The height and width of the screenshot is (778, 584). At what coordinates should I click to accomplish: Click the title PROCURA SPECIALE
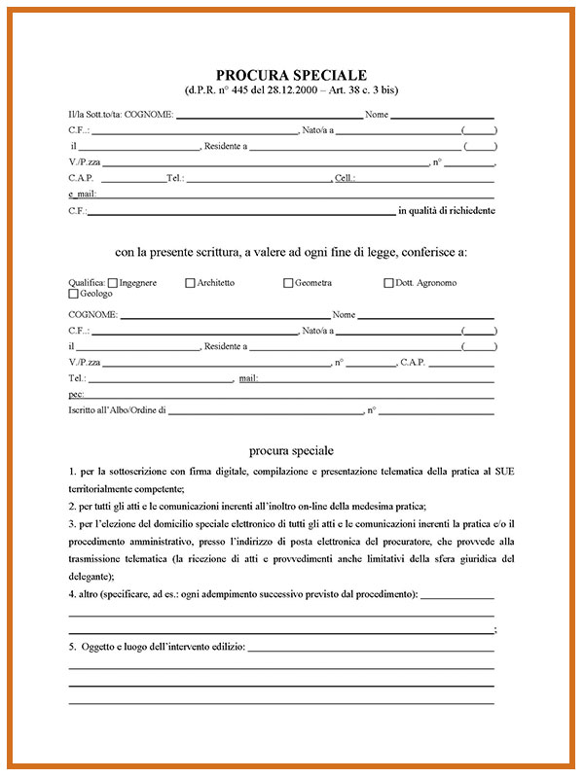pyautogui.click(x=291, y=75)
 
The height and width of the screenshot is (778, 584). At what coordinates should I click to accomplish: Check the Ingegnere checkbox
pyautogui.click(x=113, y=283)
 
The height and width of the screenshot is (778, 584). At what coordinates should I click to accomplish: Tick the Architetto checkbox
pyautogui.click(x=190, y=283)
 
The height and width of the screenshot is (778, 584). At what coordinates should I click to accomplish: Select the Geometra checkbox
pyautogui.click(x=288, y=283)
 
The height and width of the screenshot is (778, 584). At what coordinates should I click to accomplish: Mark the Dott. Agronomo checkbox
pyautogui.click(x=388, y=283)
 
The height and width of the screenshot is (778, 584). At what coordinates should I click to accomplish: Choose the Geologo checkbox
pyautogui.click(x=73, y=293)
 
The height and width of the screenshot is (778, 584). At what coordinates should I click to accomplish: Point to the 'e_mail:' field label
pyautogui.click(x=83, y=194)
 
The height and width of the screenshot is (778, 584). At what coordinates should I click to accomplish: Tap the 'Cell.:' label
pyautogui.click(x=345, y=179)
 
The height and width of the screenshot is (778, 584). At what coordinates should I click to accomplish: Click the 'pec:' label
pyautogui.click(x=76, y=394)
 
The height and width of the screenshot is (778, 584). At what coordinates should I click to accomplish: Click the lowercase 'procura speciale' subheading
pyautogui.click(x=291, y=450)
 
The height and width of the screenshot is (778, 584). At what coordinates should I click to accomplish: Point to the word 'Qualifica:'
pyautogui.click(x=88, y=283)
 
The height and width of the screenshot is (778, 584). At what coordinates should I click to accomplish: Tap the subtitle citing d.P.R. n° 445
pyautogui.click(x=291, y=90)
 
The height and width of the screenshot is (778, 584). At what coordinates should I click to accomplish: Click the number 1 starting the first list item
pyautogui.click(x=71, y=472)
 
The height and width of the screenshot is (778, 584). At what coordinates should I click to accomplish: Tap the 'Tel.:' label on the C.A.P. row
pyautogui.click(x=175, y=179)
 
